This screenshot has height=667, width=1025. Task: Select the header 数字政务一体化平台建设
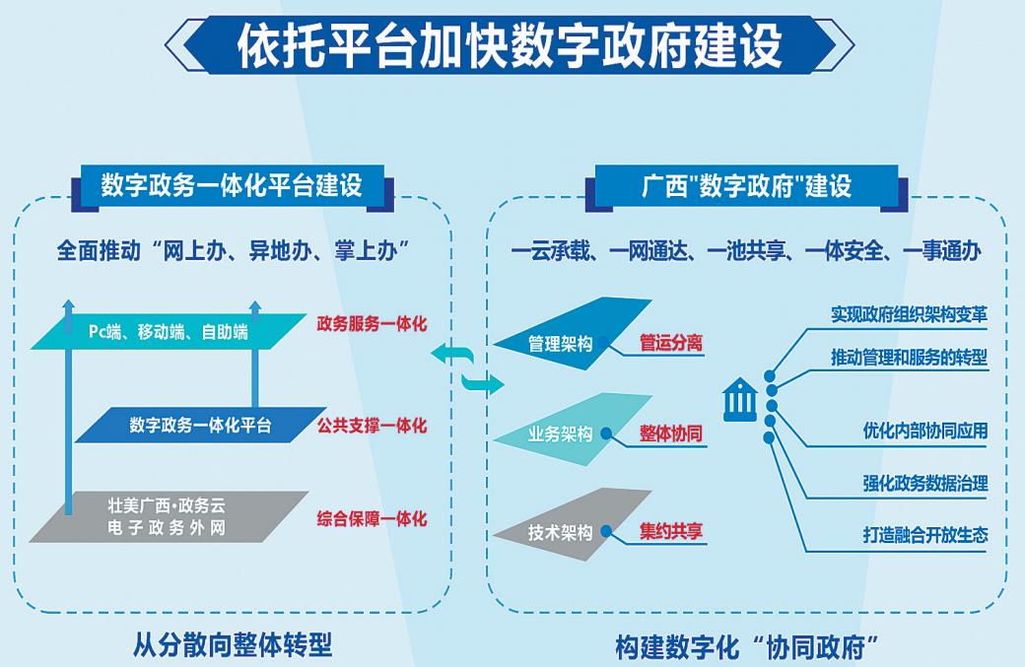pos(231,184)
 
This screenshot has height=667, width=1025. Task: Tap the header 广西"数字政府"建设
pos(746,184)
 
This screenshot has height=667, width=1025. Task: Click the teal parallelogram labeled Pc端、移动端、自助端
pos(169,332)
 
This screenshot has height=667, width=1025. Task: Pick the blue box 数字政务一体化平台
pos(200,426)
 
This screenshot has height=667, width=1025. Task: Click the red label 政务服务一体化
pos(372,323)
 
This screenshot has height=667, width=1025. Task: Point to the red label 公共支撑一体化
pos(372,426)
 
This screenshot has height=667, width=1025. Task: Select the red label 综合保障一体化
pos(372,517)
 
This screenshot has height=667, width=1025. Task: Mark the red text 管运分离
pos(670,343)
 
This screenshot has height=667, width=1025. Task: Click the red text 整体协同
pos(670,434)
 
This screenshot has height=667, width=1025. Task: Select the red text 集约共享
pos(670,531)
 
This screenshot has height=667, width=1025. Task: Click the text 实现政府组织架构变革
pos(909,313)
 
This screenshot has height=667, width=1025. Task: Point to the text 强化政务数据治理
pos(924,484)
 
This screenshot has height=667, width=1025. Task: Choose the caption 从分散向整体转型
pos(233,644)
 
